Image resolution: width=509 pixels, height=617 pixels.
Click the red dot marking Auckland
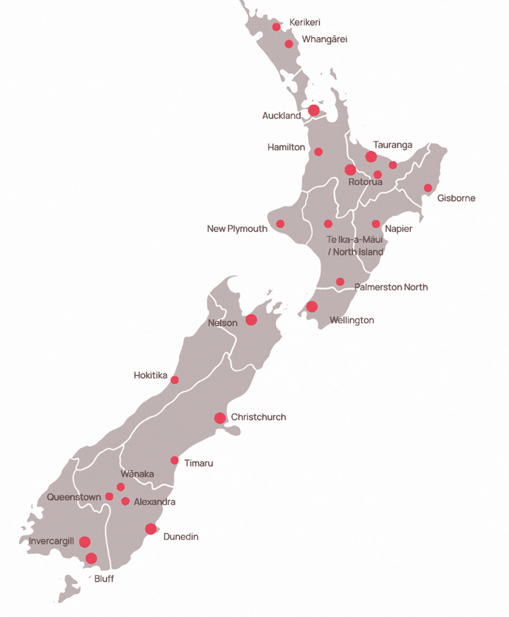click(x=314, y=110)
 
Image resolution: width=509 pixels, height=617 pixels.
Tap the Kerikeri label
click(x=304, y=23)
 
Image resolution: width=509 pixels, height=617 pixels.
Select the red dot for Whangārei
click(x=289, y=44)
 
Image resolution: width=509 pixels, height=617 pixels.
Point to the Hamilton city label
click(x=286, y=147)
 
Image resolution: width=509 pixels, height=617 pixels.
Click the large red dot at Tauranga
click(x=371, y=157)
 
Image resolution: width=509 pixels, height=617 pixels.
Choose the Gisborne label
click(x=456, y=198)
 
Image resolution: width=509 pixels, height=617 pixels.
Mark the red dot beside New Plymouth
click(x=280, y=223)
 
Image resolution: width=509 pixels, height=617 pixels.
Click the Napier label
click(x=399, y=229)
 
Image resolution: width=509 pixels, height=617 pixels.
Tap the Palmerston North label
click(x=391, y=287)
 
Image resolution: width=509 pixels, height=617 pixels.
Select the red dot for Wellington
click(x=312, y=306)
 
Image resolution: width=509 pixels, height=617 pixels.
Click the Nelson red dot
click(x=251, y=320)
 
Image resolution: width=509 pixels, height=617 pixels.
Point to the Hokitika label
click(x=150, y=376)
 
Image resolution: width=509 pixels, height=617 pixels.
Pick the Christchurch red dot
click(x=220, y=418)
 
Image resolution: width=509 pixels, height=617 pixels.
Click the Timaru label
click(x=199, y=463)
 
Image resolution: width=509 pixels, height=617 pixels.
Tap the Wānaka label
click(x=137, y=474)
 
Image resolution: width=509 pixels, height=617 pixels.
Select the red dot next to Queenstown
click(x=109, y=497)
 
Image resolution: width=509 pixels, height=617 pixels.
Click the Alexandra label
click(x=155, y=502)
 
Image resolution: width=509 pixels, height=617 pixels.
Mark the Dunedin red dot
click(x=151, y=528)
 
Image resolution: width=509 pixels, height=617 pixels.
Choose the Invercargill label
click(x=52, y=541)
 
